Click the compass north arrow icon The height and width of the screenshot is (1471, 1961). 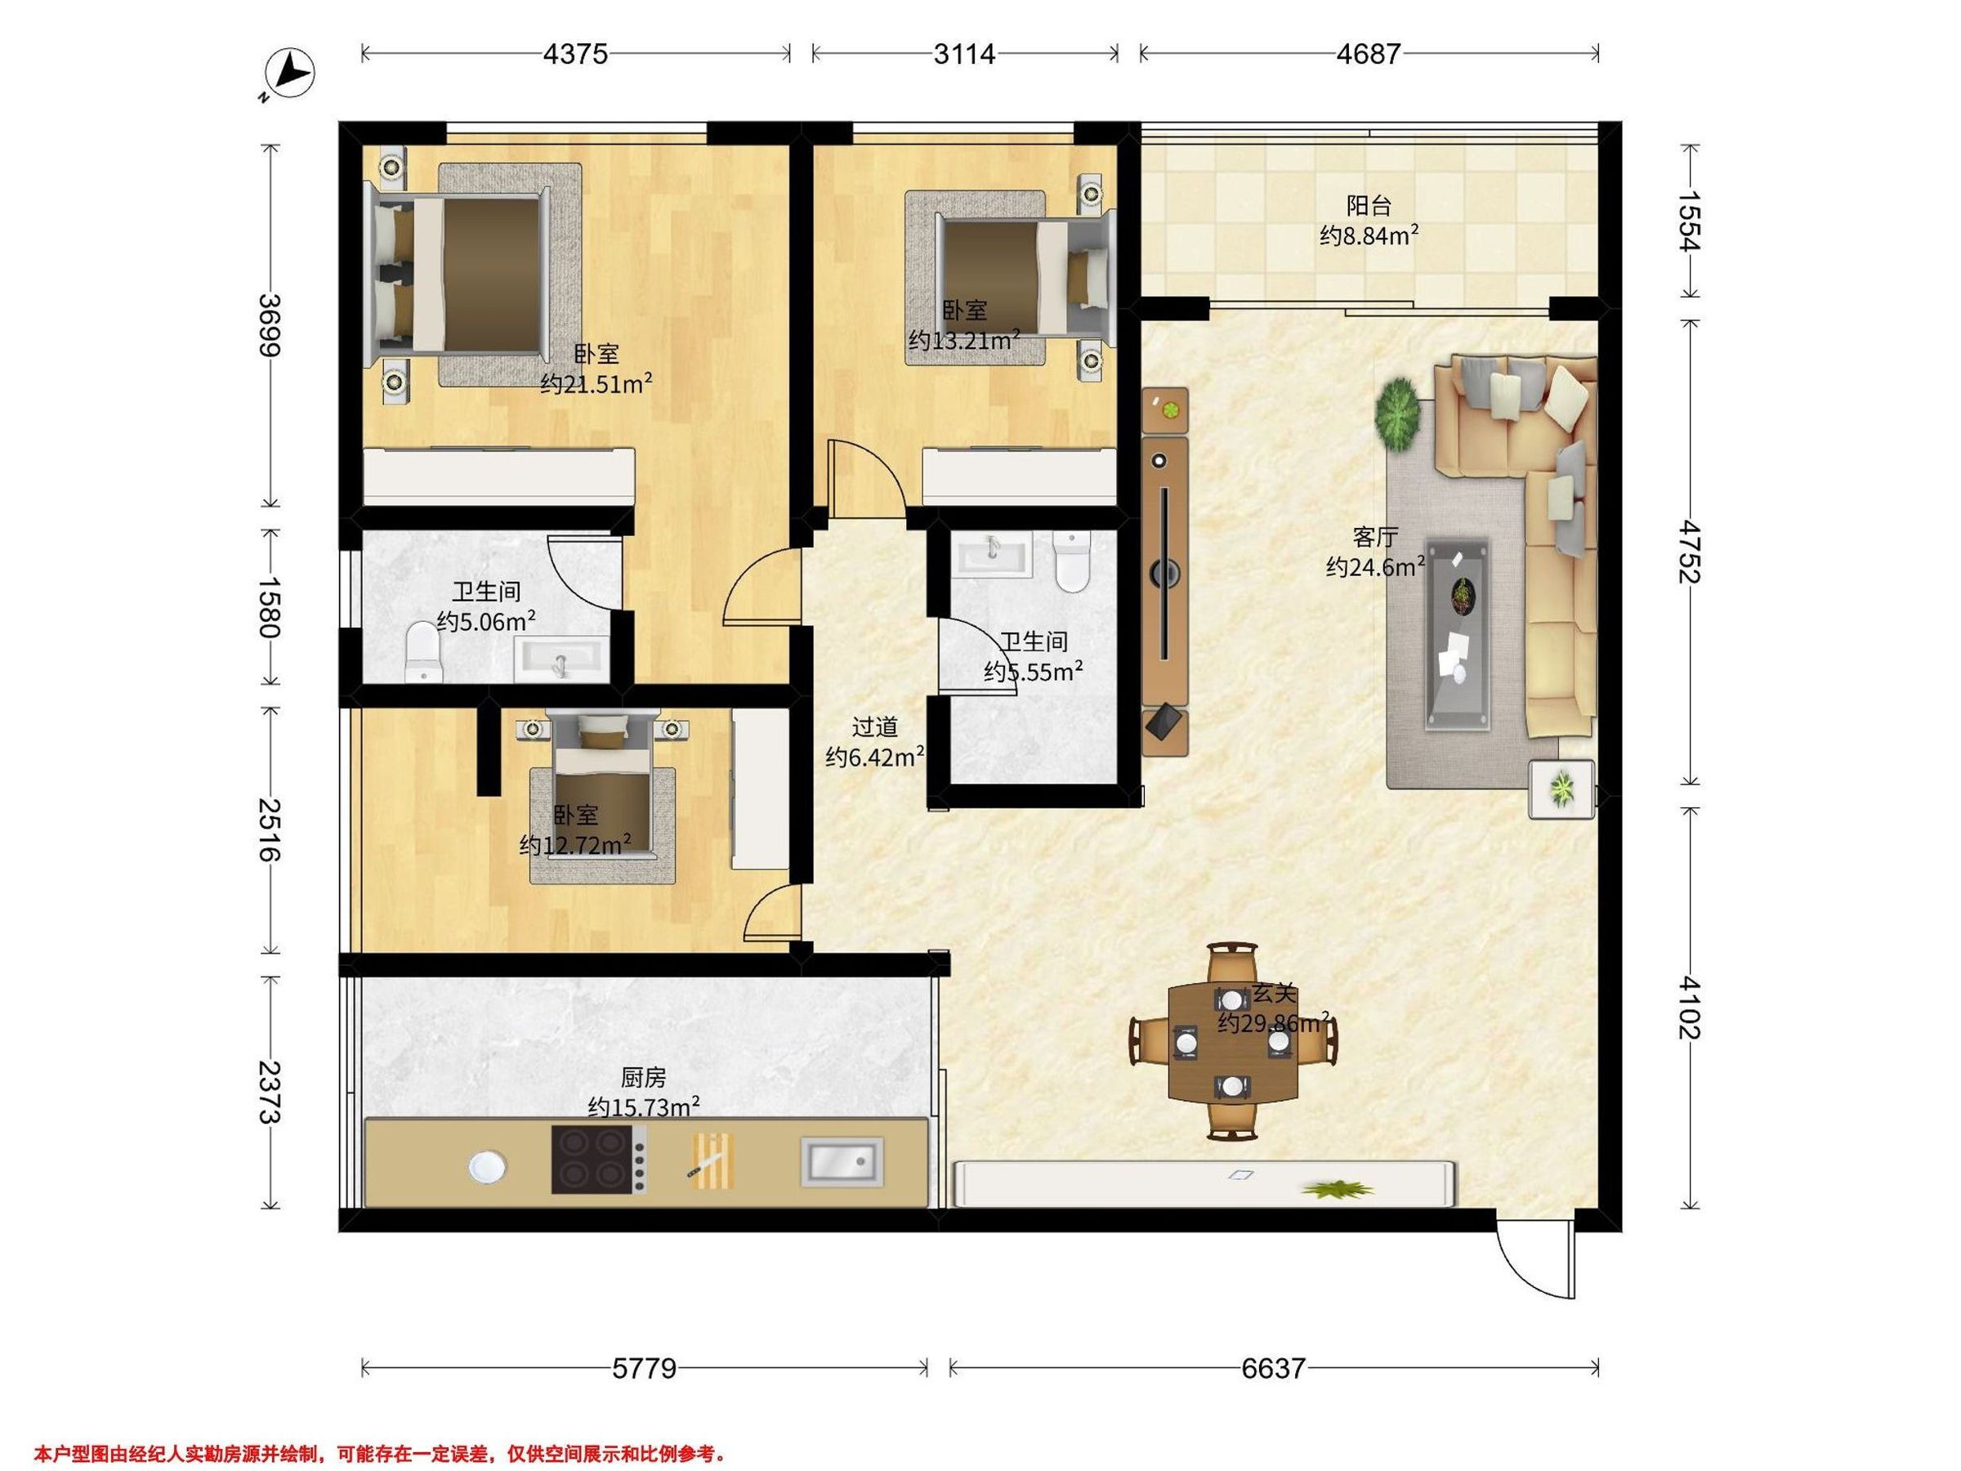[291, 74]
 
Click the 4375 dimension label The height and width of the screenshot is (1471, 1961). [575, 54]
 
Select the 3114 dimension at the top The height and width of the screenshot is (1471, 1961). [964, 54]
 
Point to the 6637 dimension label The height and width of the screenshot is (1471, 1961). [1273, 1368]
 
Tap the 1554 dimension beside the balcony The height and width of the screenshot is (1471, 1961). [1687, 221]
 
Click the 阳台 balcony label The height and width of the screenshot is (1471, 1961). [1369, 206]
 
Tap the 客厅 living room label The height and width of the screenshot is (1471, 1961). [1375, 536]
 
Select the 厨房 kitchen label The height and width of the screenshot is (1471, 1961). [643, 1077]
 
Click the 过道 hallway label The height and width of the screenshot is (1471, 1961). [875, 727]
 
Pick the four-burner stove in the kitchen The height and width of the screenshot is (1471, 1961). [598, 1159]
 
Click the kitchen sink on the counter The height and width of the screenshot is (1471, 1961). [842, 1161]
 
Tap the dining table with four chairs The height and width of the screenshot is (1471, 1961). [1233, 1042]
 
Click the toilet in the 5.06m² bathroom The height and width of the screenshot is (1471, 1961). [422, 653]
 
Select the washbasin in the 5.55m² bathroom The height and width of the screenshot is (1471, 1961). [994, 554]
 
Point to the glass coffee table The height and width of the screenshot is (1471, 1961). [1458, 634]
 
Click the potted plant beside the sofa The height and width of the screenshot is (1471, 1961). [1398, 414]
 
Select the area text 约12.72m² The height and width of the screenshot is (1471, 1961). [575, 844]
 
